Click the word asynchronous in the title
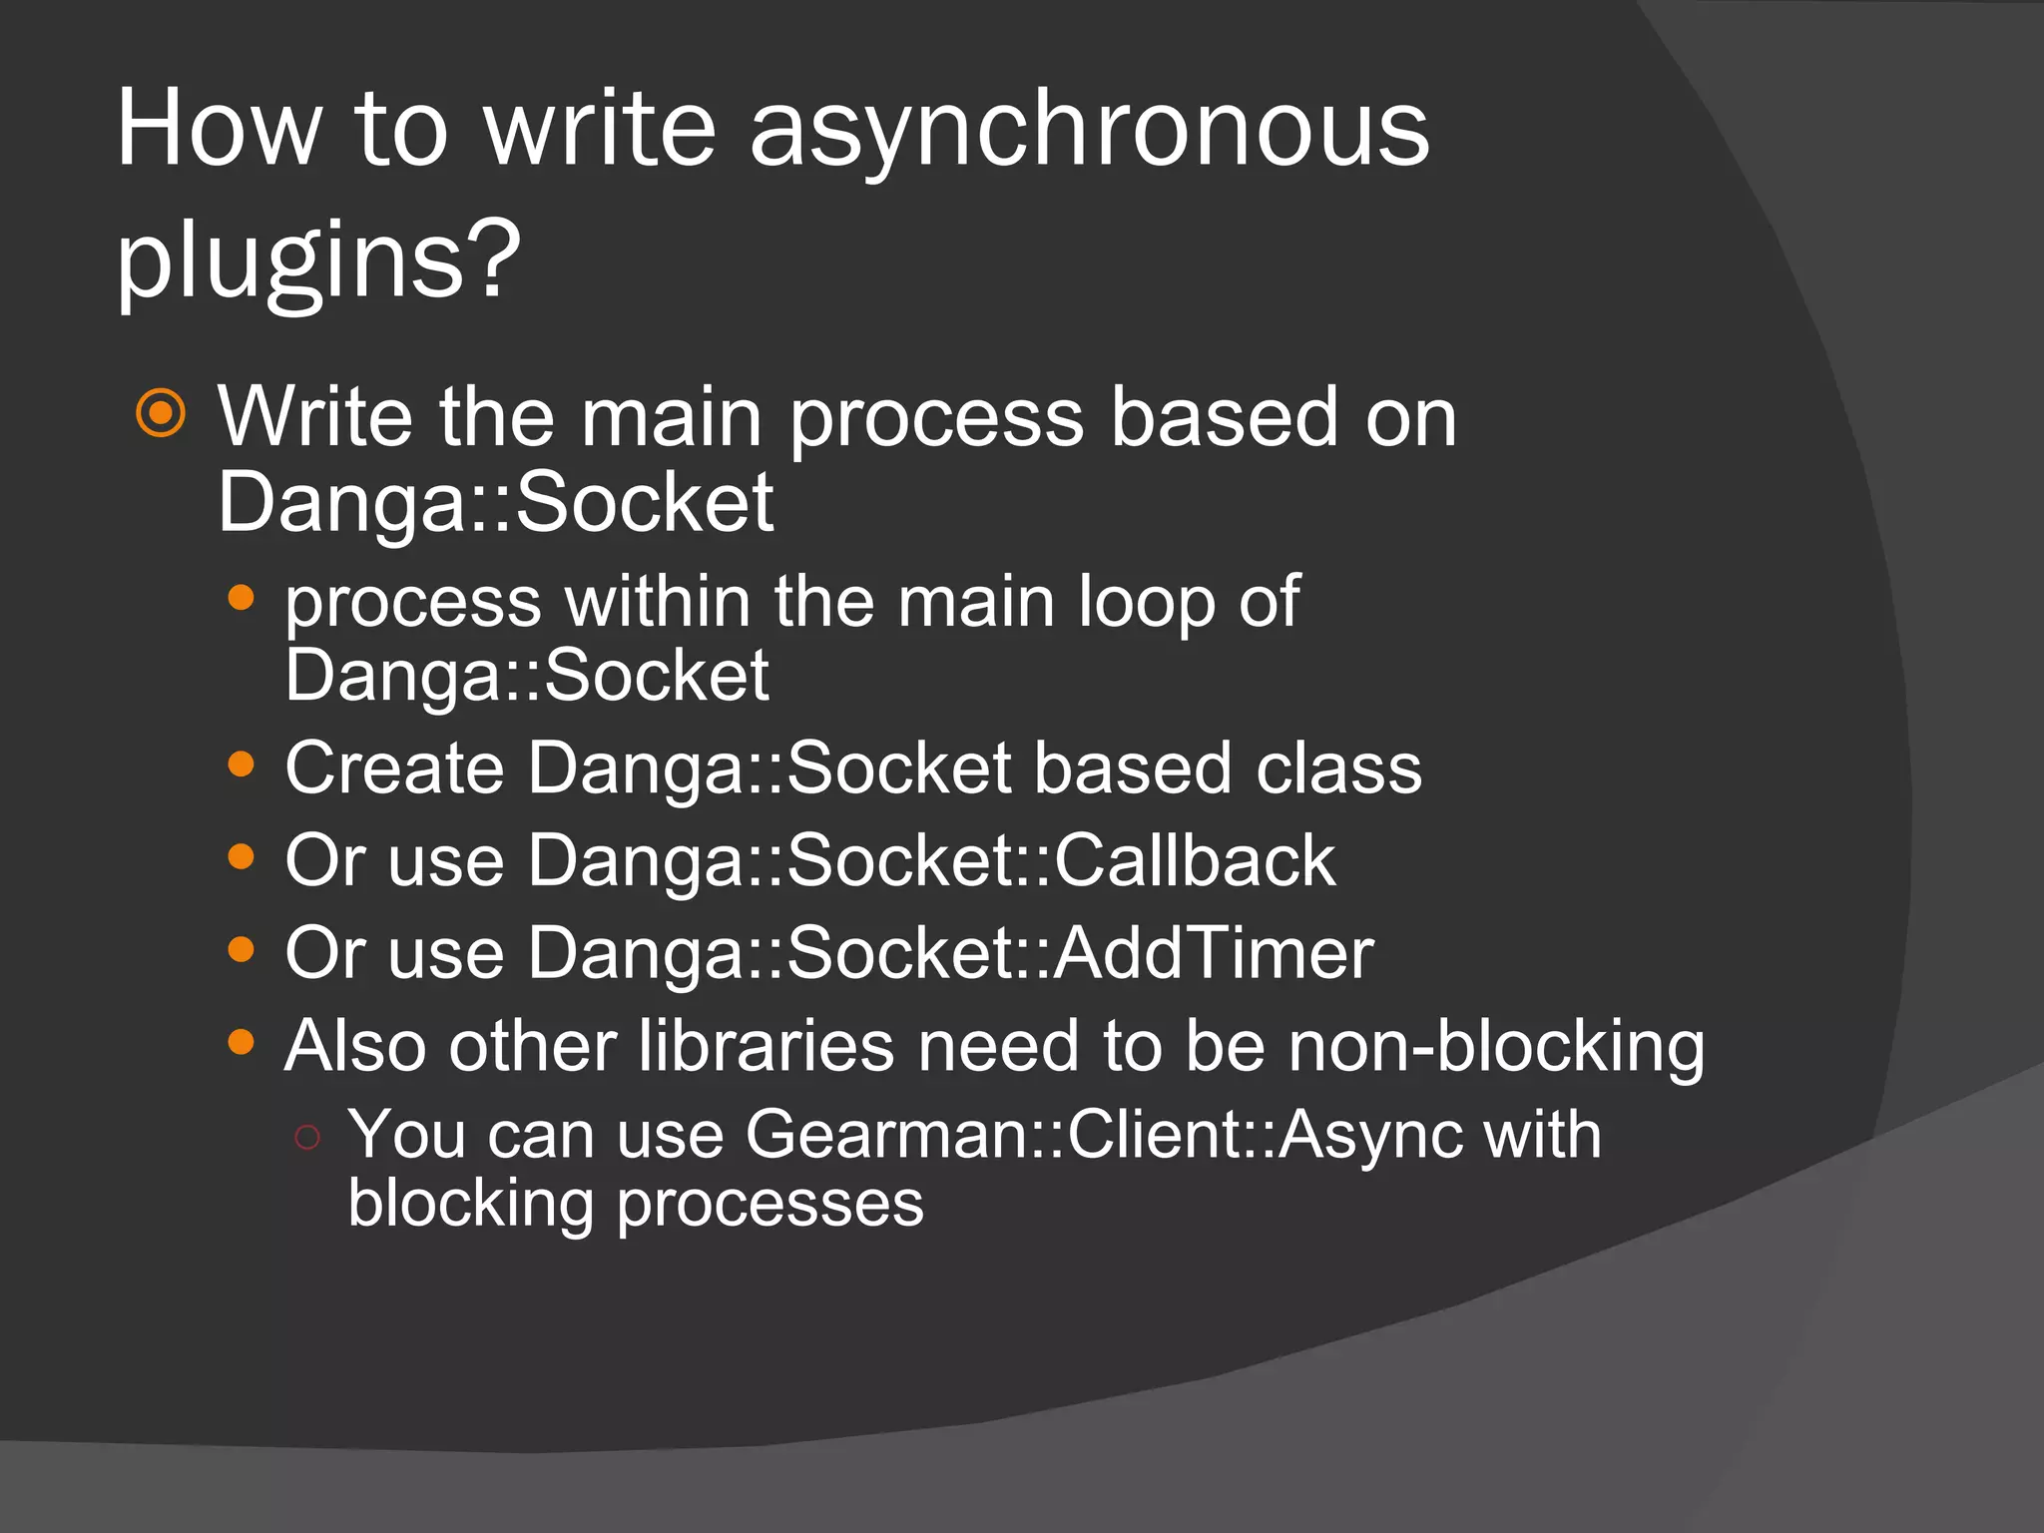(1089, 130)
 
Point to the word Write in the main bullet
(315, 416)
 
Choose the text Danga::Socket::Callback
(930, 860)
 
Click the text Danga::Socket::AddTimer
(950, 953)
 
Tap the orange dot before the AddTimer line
(241, 949)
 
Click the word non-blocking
(1496, 1047)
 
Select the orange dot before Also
(241, 1042)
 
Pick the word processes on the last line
(769, 1204)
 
